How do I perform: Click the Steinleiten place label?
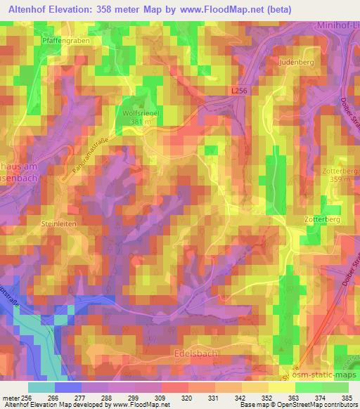click(58, 223)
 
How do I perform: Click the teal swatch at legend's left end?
click(41, 387)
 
